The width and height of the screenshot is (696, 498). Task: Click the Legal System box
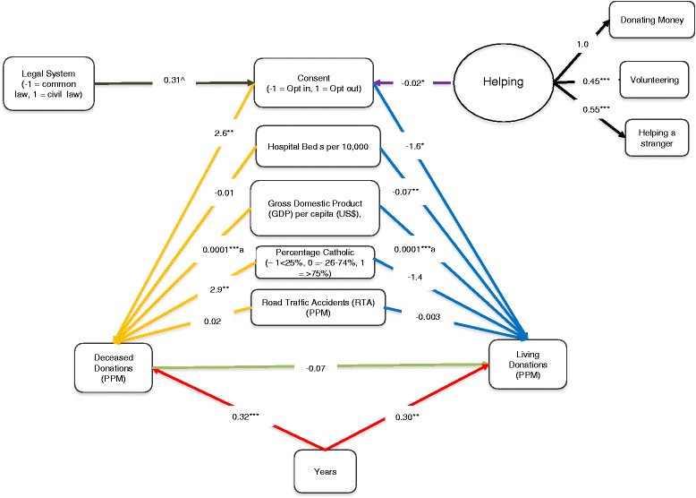[48, 84]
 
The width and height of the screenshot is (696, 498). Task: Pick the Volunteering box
[654, 80]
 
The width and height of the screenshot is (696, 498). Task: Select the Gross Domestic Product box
[318, 205]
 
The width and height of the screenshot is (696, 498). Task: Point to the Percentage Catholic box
[318, 260]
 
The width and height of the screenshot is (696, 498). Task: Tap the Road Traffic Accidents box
[318, 309]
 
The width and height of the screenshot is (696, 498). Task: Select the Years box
[326, 468]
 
